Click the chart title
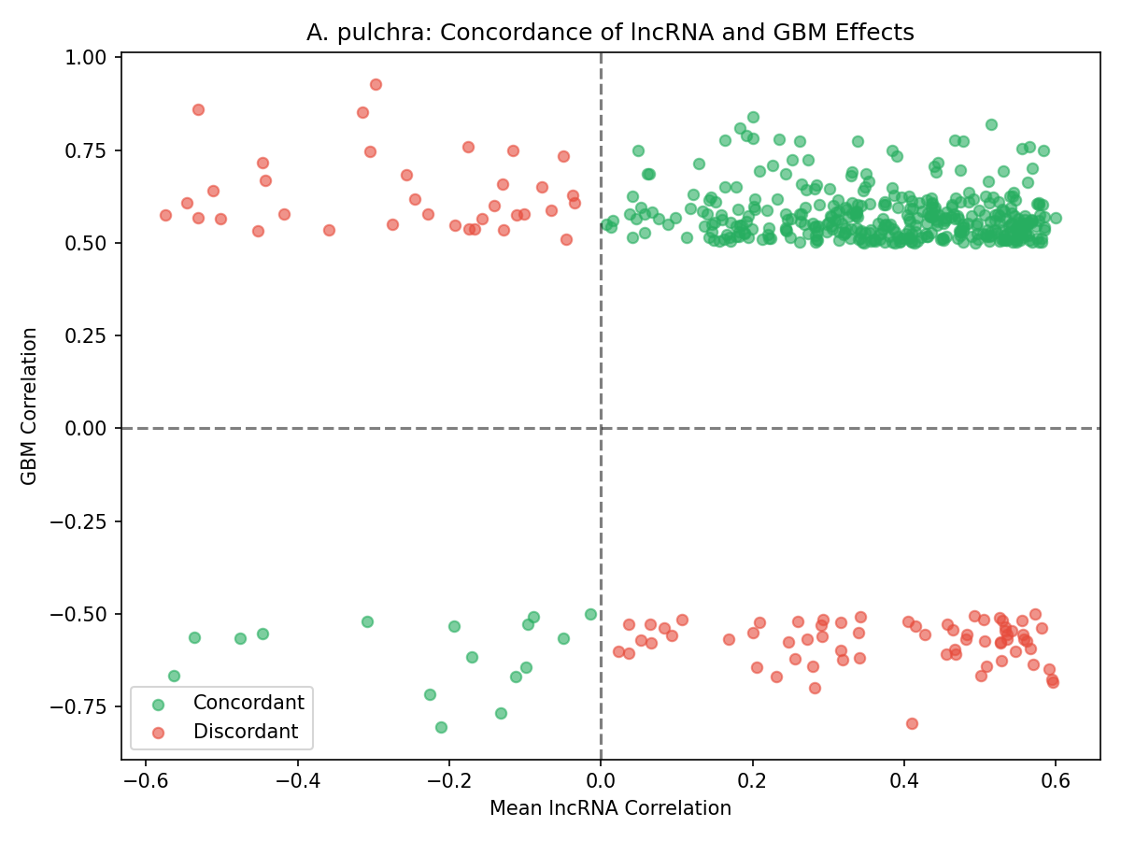click(610, 33)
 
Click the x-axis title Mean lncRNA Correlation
click(610, 808)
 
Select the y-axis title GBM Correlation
click(30, 406)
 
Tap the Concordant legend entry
click(248, 703)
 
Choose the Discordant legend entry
click(246, 732)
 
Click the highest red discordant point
click(376, 84)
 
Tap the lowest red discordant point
click(912, 723)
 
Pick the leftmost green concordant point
click(174, 676)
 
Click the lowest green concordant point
click(441, 727)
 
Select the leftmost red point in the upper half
click(165, 215)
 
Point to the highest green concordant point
click(753, 117)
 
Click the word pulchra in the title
click(392, 33)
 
